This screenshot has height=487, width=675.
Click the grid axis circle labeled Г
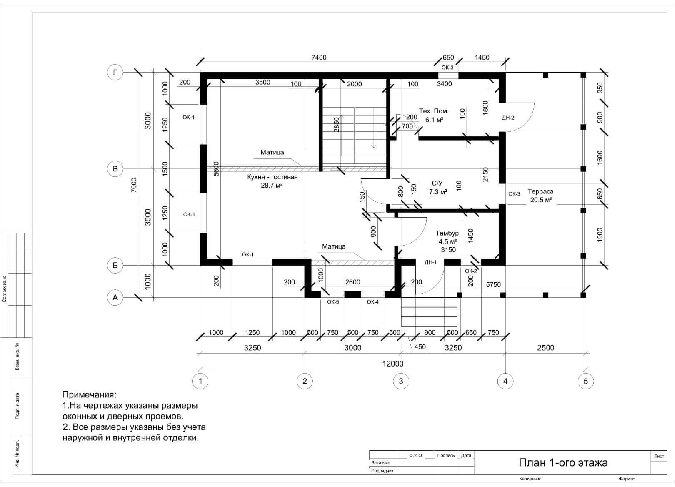(115, 73)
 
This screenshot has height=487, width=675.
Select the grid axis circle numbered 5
(585, 381)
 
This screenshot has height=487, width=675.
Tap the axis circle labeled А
(115, 298)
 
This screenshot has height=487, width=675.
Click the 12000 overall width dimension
(392, 364)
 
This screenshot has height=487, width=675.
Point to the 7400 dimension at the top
(319, 57)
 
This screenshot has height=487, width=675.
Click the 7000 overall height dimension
(134, 185)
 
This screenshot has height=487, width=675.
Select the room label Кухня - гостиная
(272, 177)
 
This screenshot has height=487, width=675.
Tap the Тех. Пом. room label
(434, 111)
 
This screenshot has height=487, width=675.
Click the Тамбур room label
(447, 233)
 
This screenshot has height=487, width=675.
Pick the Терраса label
(540, 191)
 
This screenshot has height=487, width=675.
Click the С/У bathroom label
(437, 183)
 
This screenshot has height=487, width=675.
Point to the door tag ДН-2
(508, 118)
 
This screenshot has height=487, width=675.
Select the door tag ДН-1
(430, 262)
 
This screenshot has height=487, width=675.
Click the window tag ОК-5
(333, 302)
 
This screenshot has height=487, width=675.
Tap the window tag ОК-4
(373, 302)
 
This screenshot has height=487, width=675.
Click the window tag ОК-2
(471, 271)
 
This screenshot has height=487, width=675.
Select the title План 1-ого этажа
(563, 462)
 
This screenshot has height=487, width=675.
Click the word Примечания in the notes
(89, 395)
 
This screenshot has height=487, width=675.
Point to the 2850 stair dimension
(336, 124)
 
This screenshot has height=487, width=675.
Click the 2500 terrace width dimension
(545, 348)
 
